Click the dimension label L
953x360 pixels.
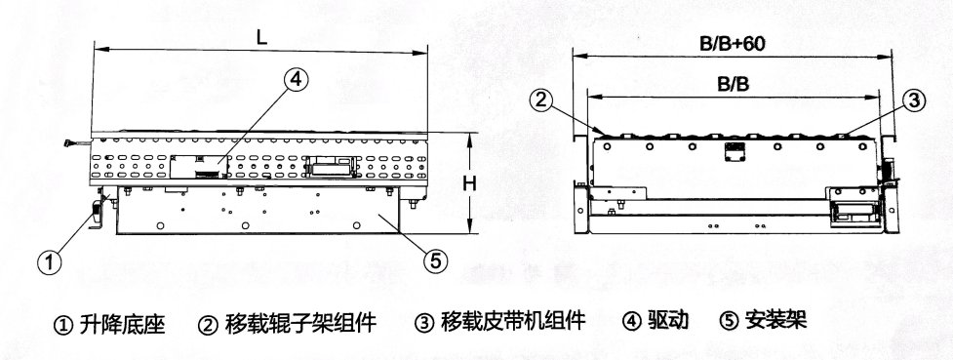261,37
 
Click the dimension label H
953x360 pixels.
469,183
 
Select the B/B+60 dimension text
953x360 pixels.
732,44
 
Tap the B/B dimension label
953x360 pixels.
733,85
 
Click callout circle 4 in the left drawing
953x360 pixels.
296,80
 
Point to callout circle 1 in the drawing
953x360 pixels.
50,262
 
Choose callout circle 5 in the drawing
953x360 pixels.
435,260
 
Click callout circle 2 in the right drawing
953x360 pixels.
542,100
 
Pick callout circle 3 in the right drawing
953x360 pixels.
913,101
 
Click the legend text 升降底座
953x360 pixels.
122,324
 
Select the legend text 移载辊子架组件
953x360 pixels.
300,322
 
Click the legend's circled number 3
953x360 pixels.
423,322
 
